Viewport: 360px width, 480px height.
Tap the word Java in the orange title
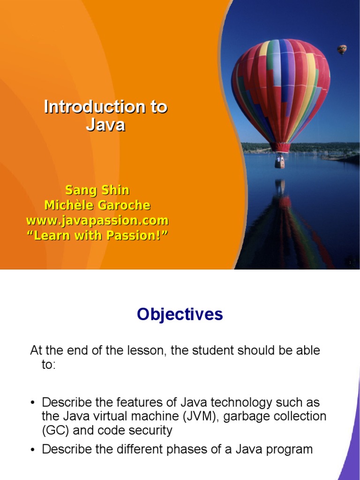(105, 125)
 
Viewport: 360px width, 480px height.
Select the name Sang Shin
(97, 190)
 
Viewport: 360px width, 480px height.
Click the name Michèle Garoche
(97, 205)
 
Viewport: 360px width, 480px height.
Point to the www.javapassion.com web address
(97, 220)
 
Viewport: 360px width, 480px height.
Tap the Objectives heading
(180, 315)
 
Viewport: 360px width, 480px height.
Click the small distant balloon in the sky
(342, 49)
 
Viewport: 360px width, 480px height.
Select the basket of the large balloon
(280, 162)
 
